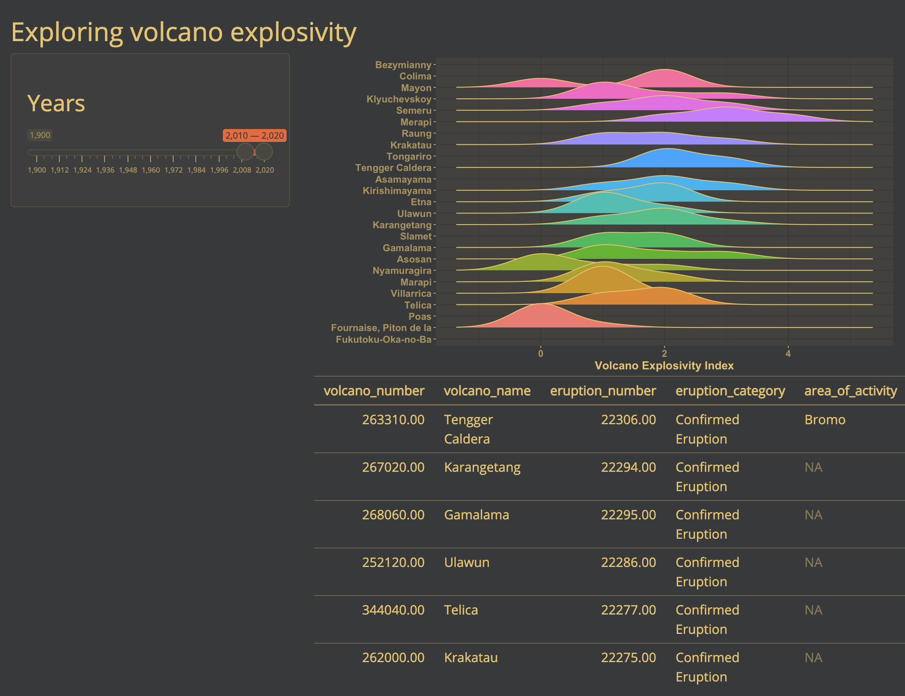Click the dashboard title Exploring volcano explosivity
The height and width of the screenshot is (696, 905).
click(184, 33)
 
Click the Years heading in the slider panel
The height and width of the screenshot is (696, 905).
click(56, 103)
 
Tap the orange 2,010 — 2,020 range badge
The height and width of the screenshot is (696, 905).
click(254, 135)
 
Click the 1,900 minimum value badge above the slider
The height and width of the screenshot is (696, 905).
click(40, 135)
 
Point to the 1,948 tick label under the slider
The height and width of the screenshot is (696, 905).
click(128, 170)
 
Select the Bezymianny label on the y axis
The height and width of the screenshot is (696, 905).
click(403, 65)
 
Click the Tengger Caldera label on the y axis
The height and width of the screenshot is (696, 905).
click(393, 168)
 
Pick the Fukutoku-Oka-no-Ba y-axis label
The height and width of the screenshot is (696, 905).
click(384, 340)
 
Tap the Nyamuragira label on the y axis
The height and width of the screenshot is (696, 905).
click(402, 271)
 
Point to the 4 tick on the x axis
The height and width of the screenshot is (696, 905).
click(788, 354)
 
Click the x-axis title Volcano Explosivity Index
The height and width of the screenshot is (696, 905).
click(664, 366)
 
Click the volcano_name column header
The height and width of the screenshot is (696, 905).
click(487, 391)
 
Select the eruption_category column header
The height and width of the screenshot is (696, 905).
click(730, 391)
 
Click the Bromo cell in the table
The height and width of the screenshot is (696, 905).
click(825, 420)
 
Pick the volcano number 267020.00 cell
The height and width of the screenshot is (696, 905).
click(393, 467)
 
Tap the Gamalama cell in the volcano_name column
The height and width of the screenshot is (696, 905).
click(477, 515)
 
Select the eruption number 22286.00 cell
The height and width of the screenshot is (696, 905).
click(628, 563)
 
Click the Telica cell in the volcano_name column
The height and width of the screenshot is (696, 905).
click(461, 610)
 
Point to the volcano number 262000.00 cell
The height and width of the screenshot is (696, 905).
click(393, 658)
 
